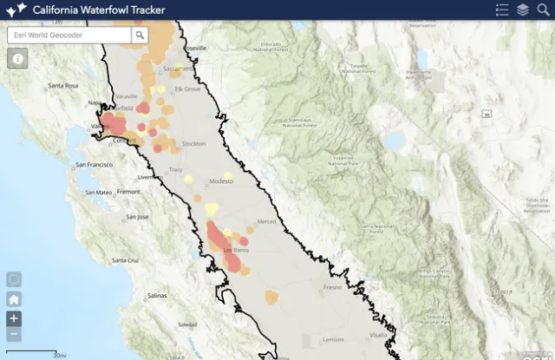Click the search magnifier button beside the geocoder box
pyautogui.click(x=140, y=35)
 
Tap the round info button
pyautogui.click(x=17, y=58)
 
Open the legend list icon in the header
pyautogui.click(x=502, y=10)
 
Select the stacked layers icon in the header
pyautogui.click(x=523, y=10)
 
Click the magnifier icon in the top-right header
pyautogui.click(x=543, y=10)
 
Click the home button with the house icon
pyautogui.click(x=14, y=299)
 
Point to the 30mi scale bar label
pyautogui.click(x=59, y=355)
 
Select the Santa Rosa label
pyautogui.click(x=63, y=86)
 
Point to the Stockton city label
pyautogui.click(x=194, y=143)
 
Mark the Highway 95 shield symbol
pyautogui.click(x=486, y=114)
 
